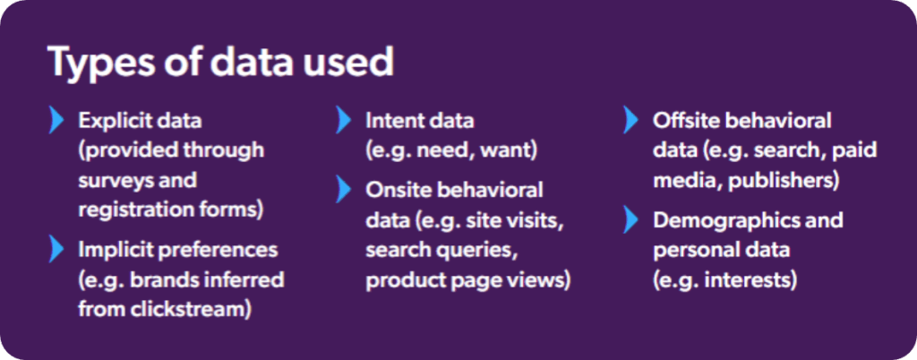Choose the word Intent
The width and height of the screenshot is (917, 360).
coord(395,120)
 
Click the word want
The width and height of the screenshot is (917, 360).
coord(508,150)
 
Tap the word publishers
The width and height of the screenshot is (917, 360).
coord(783,179)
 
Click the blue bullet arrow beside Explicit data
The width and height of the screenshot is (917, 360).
coord(58,120)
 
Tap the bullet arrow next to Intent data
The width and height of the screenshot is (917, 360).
coord(345,120)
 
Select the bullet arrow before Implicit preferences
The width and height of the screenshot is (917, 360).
coord(58,249)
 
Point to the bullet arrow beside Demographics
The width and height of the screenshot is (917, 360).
coord(632,219)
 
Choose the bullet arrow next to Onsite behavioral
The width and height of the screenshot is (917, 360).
coord(345,190)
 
